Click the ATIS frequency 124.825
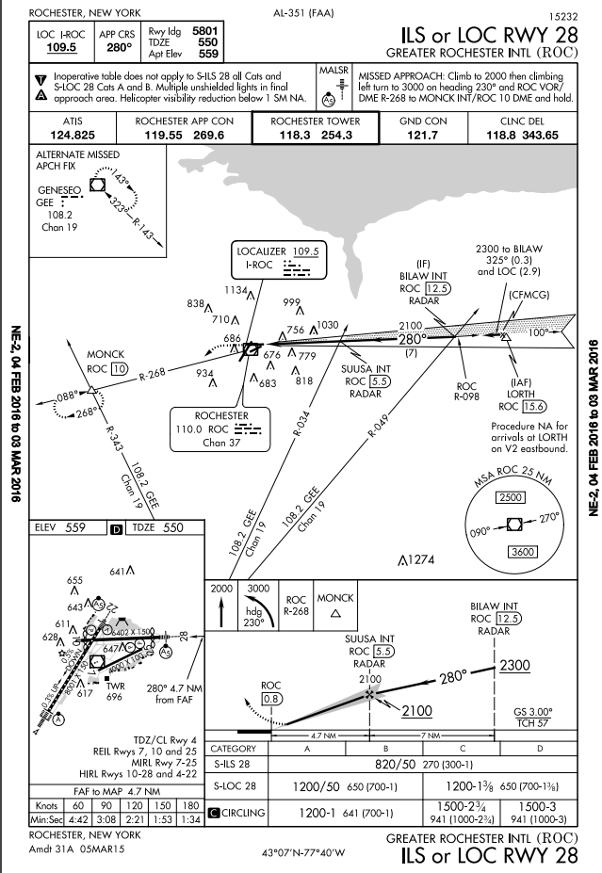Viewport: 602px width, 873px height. [73, 135]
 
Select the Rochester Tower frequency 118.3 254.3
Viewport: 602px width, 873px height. [316, 135]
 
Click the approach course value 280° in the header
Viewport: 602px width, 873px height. [119, 47]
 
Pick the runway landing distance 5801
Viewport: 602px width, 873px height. [203, 31]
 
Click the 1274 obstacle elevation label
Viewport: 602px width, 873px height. [416, 559]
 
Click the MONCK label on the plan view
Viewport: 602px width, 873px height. [106, 356]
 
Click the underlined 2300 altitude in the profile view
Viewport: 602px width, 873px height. [515, 666]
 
